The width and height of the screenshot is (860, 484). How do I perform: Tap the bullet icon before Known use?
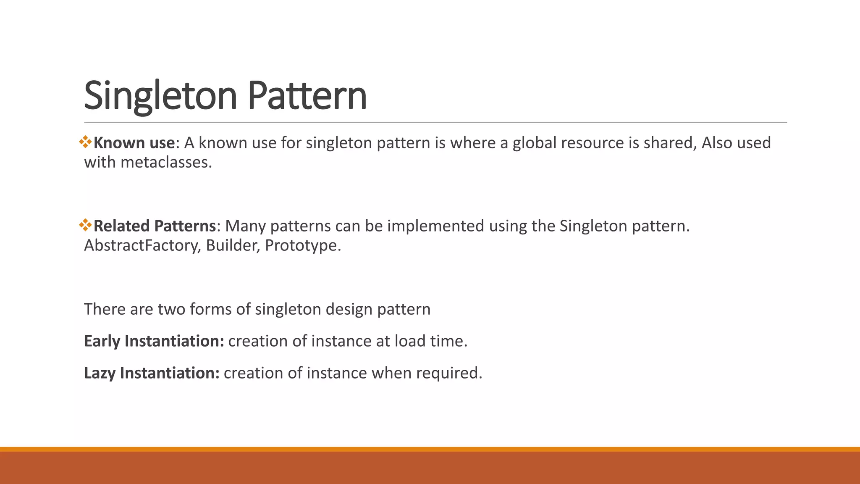click(85, 142)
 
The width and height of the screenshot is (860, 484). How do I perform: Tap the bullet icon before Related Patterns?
click(85, 225)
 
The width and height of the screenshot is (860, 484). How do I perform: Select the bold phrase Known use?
click(134, 143)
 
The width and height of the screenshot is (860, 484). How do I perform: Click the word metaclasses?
click(166, 162)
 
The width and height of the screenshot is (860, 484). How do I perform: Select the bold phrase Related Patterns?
click(155, 226)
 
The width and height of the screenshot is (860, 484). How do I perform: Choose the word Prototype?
click(303, 245)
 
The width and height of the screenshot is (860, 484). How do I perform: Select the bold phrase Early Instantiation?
click(154, 341)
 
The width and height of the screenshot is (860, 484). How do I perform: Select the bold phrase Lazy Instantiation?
click(152, 373)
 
